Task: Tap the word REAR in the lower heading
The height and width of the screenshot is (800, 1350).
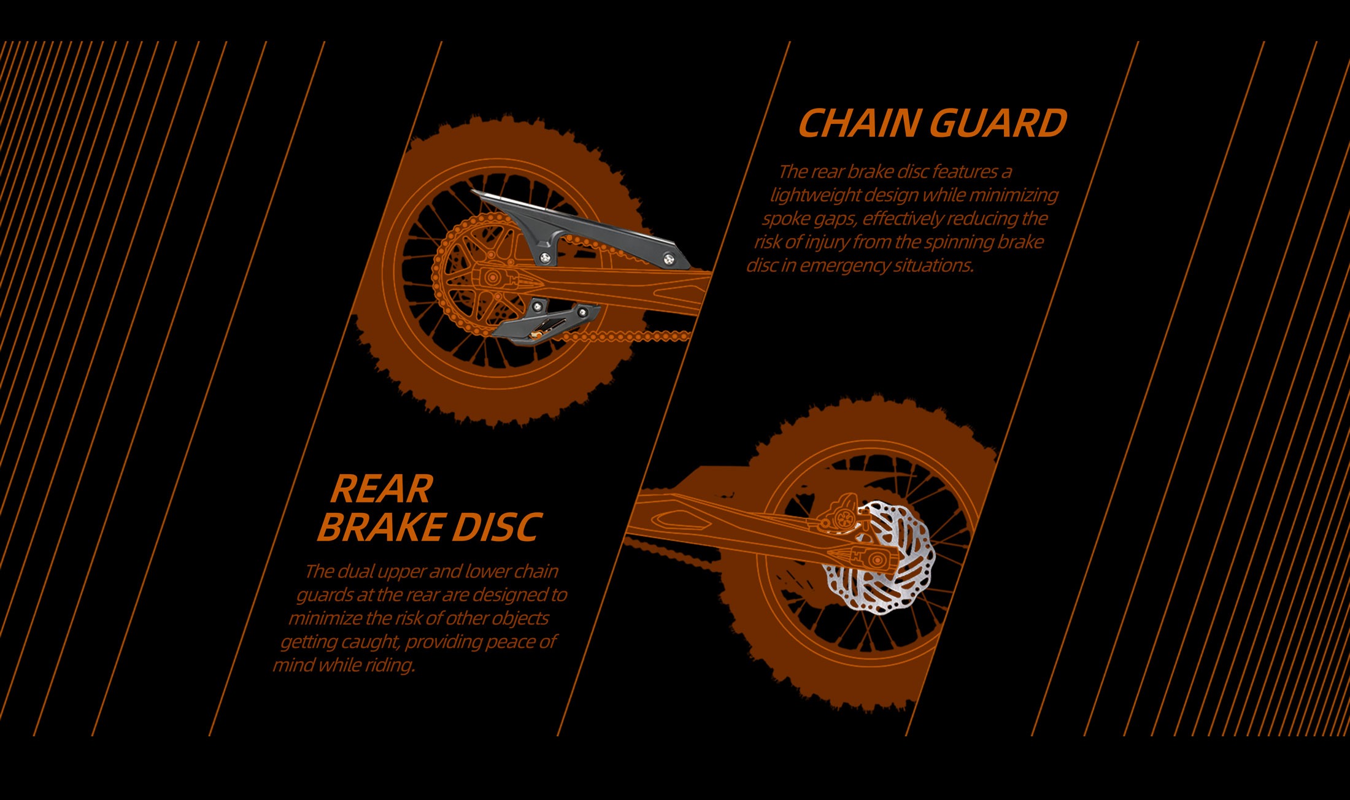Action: [x=382, y=489]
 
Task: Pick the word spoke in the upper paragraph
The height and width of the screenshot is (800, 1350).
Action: [x=786, y=218]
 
